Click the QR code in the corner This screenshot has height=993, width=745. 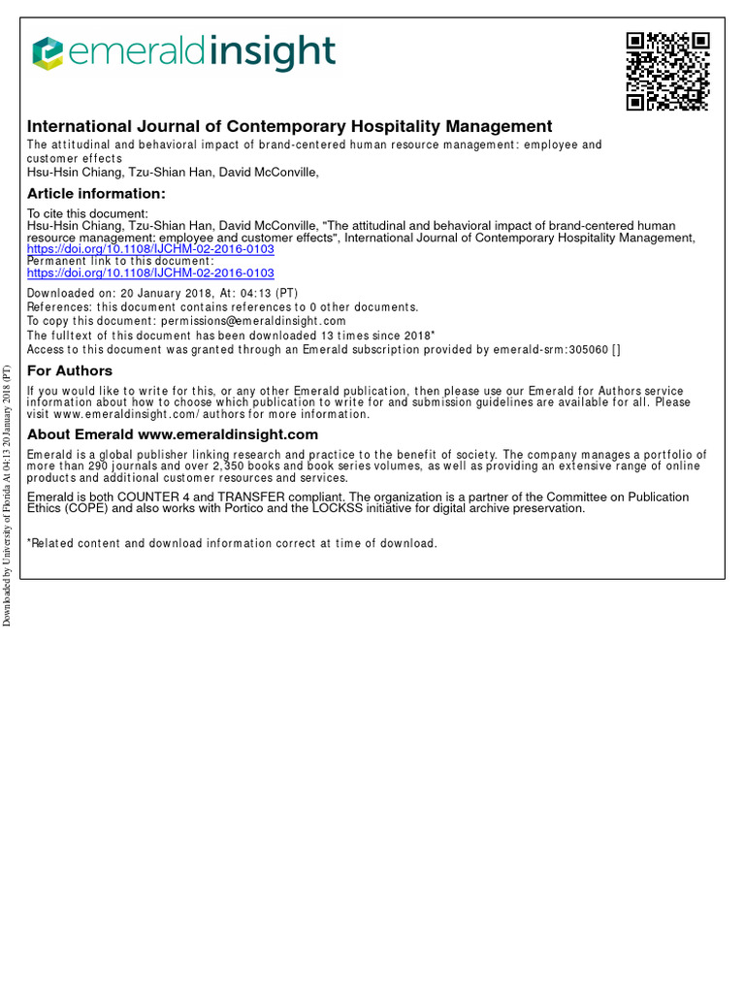667,71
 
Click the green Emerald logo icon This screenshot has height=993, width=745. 48,53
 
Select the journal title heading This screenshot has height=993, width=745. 289,126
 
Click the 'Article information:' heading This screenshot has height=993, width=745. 96,194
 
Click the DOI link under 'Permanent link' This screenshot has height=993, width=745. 150,273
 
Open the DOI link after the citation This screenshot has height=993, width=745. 150,249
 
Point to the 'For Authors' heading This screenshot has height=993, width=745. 70,371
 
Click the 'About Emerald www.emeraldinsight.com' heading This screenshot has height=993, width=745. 173,434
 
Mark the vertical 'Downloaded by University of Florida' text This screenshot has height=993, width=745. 7,495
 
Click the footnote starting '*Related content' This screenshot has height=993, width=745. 232,543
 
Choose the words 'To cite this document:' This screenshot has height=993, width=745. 87,213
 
